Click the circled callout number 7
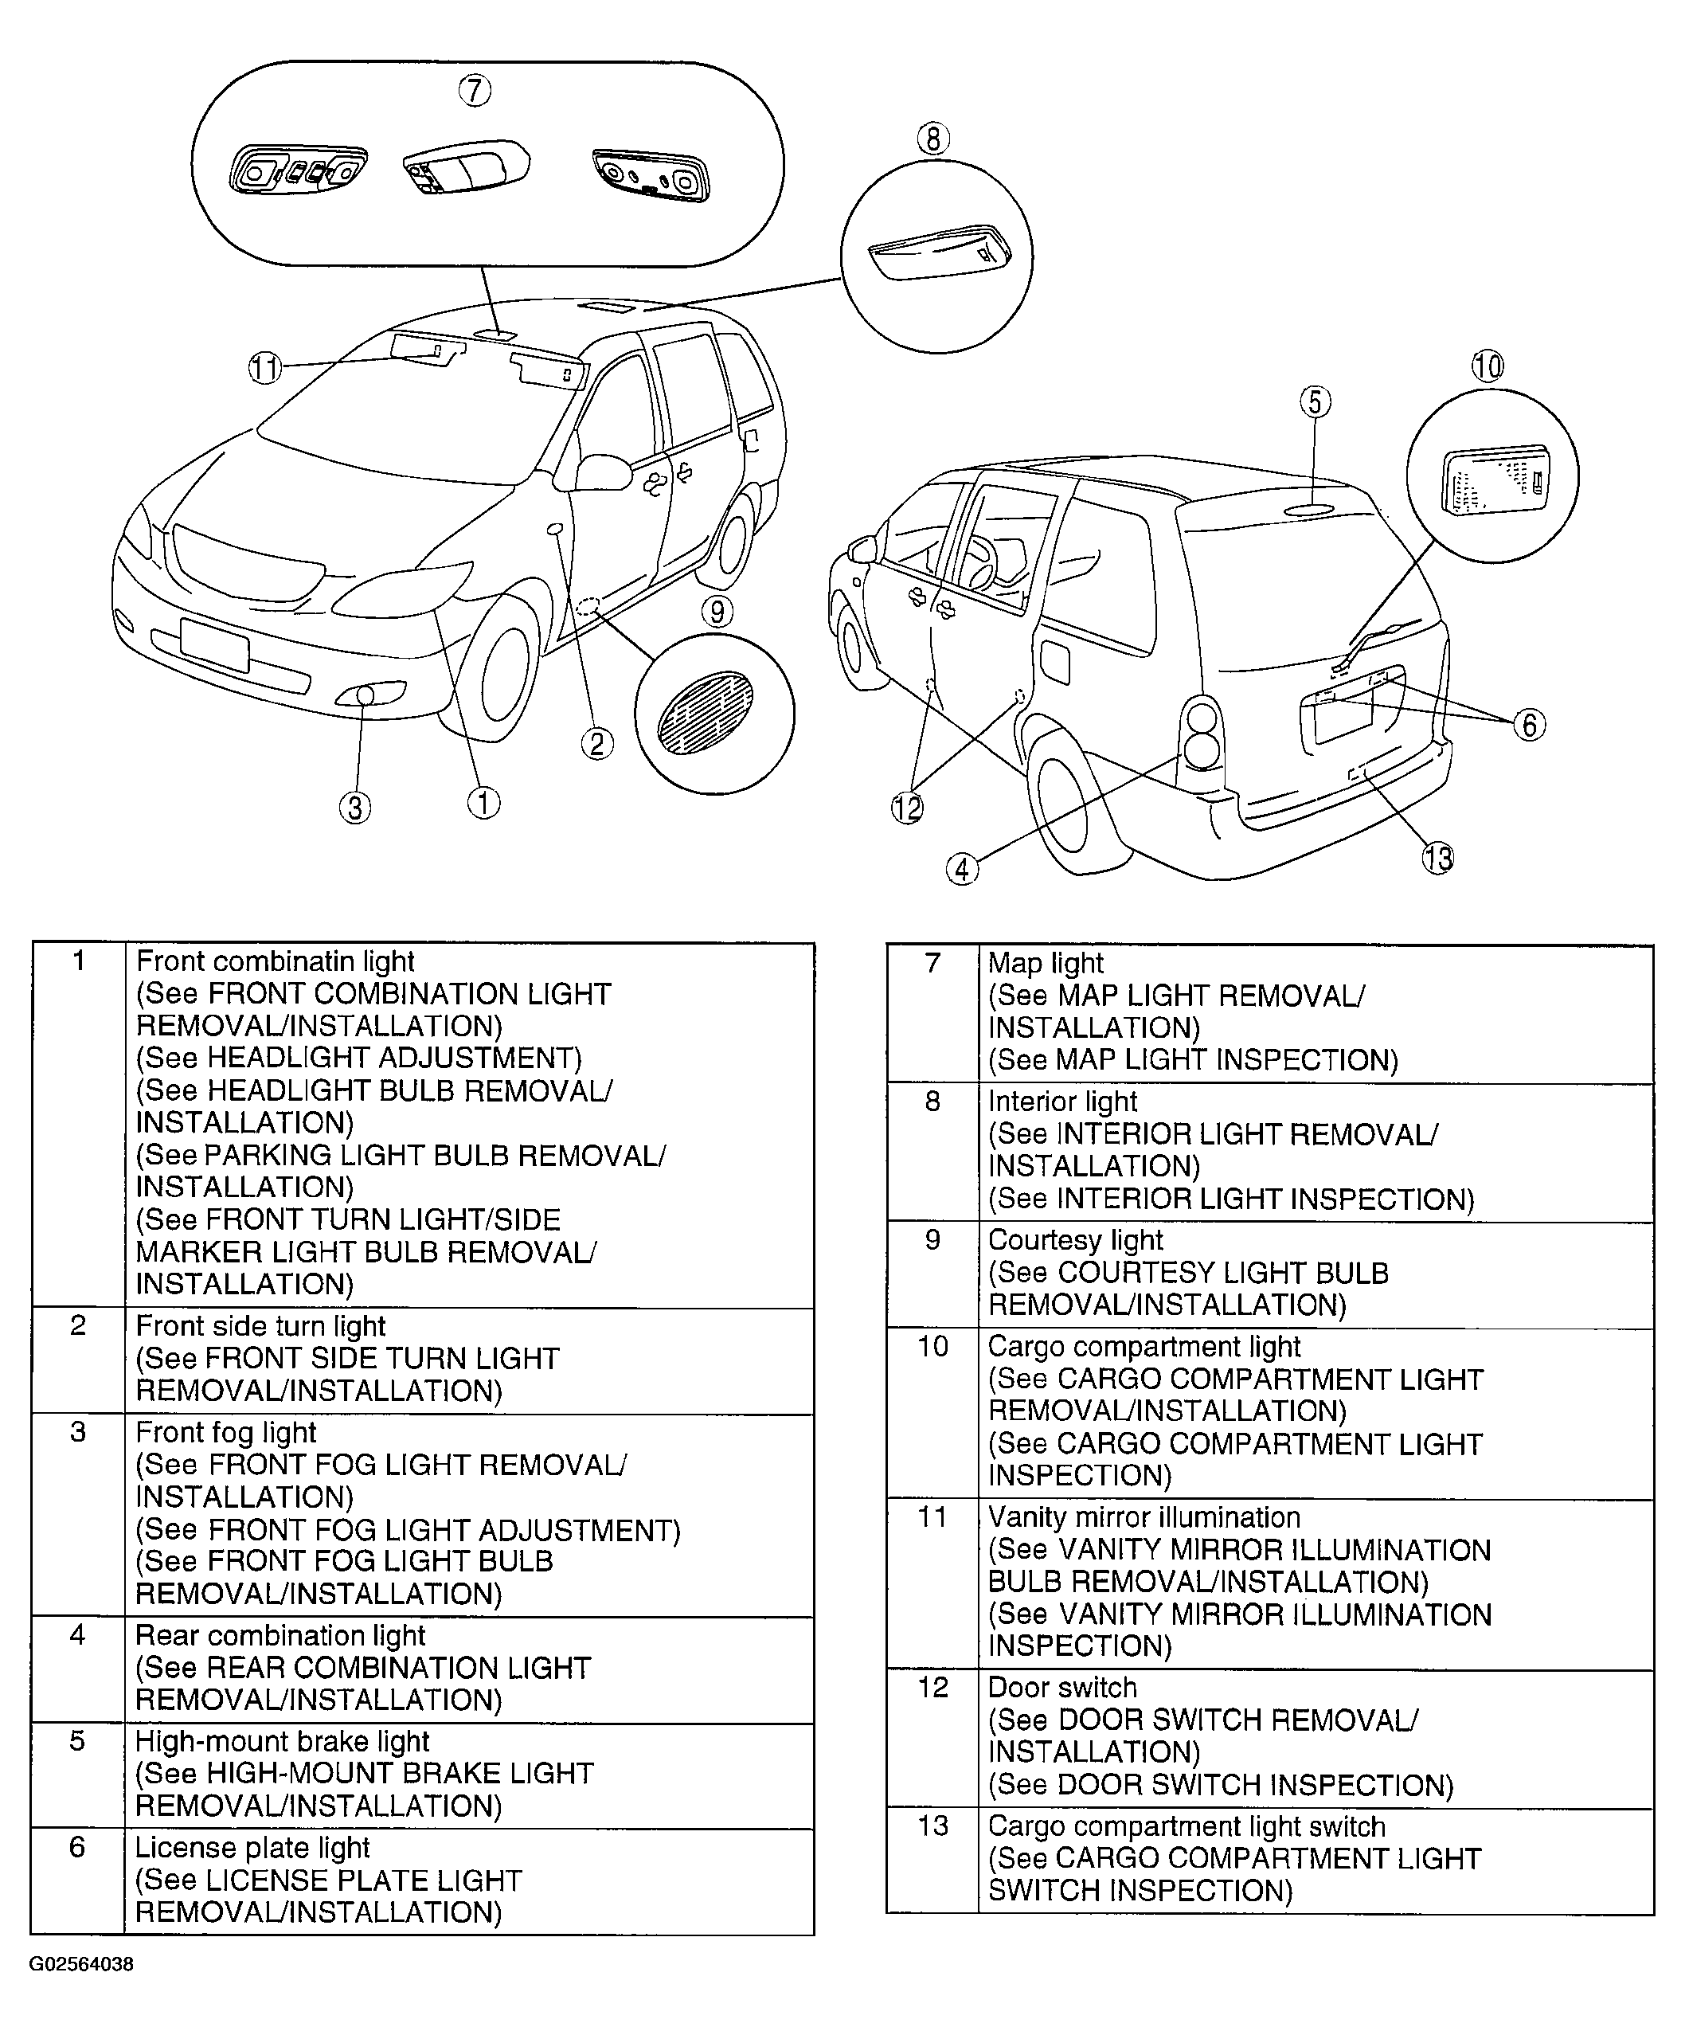(474, 91)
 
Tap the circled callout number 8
(933, 139)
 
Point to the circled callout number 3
(355, 807)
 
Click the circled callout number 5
(1315, 401)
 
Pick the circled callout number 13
(1437, 857)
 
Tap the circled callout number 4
(962, 868)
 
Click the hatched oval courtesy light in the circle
(705, 714)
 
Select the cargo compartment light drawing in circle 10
(1495, 481)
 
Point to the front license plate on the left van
(213, 644)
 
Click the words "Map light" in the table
(1045, 963)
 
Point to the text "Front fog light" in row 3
(226, 1432)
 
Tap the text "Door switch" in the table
(1061, 1688)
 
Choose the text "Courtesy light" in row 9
(1075, 1240)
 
